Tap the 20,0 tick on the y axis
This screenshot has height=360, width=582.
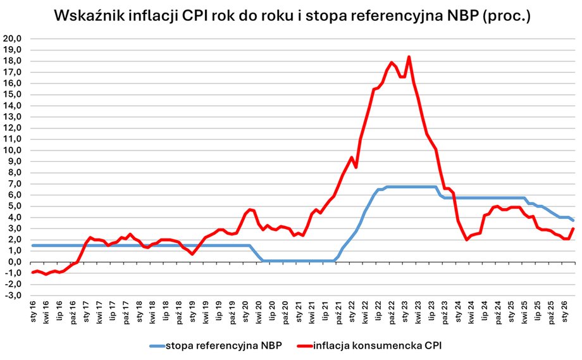click(13, 39)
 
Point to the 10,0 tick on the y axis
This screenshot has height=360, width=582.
click(13, 150)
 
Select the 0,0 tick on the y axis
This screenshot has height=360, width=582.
click(15, 261)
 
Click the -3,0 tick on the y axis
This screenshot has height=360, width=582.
click(13, 295)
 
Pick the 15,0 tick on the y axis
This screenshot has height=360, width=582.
click(13, 94)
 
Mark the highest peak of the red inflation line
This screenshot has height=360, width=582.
click(409, 57)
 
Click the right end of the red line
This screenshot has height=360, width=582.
click(573, 228)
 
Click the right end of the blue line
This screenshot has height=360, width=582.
click(573, 220)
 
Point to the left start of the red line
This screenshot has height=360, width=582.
click(32, 272)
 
